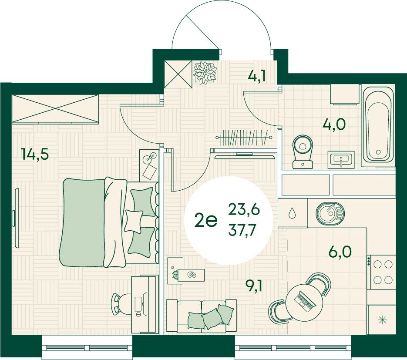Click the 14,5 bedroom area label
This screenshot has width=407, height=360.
[35, 154]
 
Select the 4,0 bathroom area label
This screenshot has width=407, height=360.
[334, 124]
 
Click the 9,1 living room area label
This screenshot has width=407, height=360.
[254, 287]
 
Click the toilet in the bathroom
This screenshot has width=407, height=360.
[303, 152]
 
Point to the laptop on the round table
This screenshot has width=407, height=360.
[306, 301]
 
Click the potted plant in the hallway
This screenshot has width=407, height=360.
[205, 73]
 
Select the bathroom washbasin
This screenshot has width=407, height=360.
[341, 159]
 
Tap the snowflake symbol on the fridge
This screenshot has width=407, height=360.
[382, 320]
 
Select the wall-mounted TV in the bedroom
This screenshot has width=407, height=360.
[16, 218]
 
